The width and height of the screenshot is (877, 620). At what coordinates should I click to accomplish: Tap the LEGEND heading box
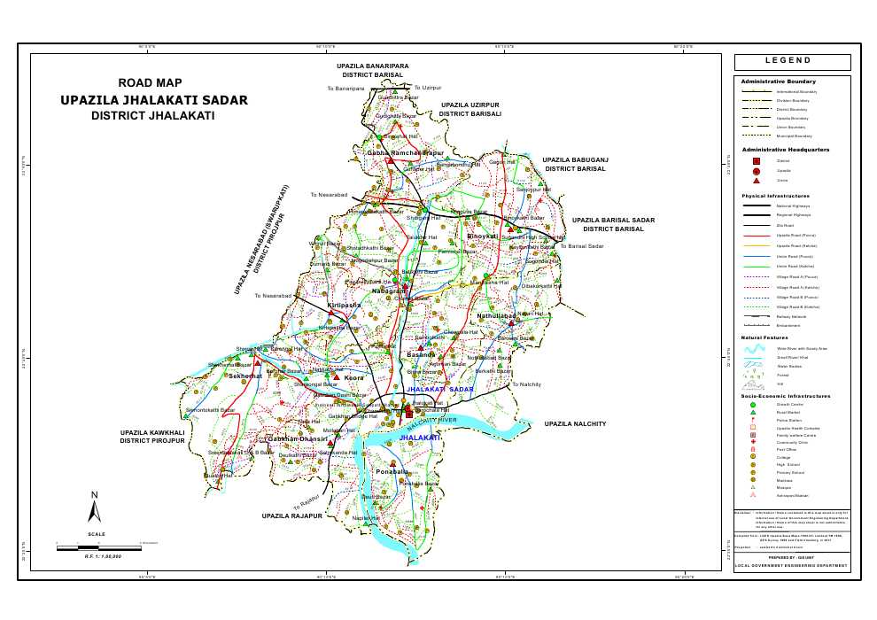[x=792, y=62]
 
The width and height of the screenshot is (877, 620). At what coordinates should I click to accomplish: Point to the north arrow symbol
[x=95, y=508]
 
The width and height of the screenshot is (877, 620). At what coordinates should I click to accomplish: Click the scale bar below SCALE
[x=97, y=549]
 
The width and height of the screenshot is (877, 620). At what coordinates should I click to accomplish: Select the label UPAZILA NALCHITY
[x=575, y=425]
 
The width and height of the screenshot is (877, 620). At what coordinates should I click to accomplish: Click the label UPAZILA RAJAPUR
[x=291, y=515]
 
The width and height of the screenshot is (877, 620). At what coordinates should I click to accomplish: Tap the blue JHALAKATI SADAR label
[x=440, y=390]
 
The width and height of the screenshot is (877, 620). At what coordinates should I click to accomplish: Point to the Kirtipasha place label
[x=344, y=305]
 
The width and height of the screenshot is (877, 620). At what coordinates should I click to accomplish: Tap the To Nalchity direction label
[x=526, y=384]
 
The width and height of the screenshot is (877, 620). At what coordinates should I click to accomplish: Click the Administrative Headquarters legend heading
[x=786, y=150]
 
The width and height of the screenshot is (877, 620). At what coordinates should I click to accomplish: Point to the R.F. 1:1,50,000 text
[x=103, y=556]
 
